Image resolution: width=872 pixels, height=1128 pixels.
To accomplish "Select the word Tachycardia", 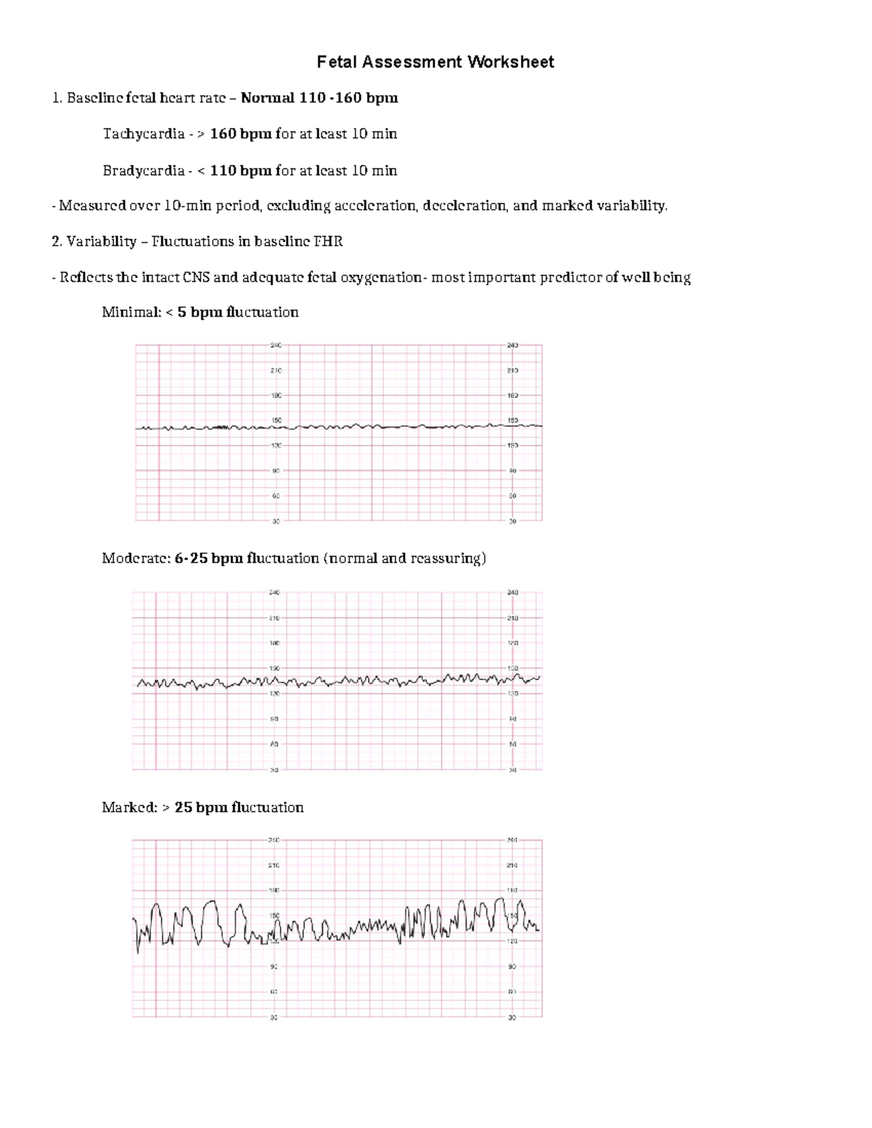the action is tap(143, 134).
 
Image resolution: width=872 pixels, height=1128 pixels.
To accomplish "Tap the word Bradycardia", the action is tap(143, 171).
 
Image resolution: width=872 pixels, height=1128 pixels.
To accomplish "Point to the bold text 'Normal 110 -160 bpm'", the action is tap(319, 98).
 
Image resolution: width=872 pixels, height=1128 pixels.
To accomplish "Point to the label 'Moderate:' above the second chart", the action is tap(136, 559).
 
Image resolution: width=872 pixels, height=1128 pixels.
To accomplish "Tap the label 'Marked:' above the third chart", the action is tap(129, 808).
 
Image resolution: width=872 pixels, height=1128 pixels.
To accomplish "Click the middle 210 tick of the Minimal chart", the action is tap(276, 370).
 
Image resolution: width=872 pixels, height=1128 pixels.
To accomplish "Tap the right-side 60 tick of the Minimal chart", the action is tap(512, 496).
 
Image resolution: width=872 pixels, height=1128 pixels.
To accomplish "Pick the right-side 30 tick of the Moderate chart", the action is tap(512, 769).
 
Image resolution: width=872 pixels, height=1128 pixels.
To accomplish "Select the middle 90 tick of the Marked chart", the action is tap(274, 967).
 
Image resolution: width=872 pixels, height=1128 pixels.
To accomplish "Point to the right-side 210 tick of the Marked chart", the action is tap(512, 866).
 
